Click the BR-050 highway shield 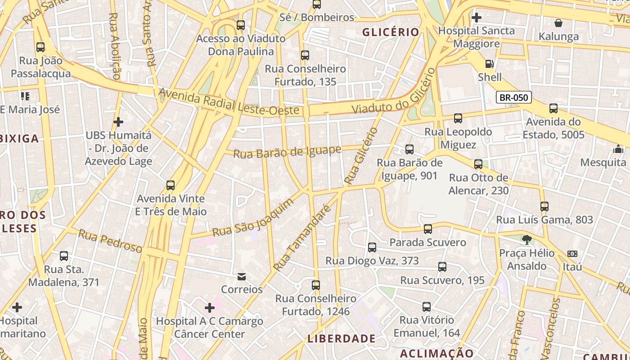coord(514,97)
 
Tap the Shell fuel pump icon coord(490,64)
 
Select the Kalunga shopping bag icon coord(558,23)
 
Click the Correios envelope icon coord(242,276)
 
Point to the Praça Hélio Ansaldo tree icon coord(526,239)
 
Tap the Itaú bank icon coord(572,254)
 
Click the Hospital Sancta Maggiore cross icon coord(476,18)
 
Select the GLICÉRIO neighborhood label coord(391,32)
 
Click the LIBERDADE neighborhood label coord(342,338)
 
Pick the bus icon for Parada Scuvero coord(427,229)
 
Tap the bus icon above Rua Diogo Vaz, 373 coord(372,247)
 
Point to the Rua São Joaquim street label coord(252,218)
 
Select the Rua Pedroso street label coord(110,241)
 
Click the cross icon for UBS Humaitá coord(118,121)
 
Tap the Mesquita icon coord(618,149)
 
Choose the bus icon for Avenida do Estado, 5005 coord(553,108)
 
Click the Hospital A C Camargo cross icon coord(209,308)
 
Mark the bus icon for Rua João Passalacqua coord(40,47)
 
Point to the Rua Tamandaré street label coord(301,239)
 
